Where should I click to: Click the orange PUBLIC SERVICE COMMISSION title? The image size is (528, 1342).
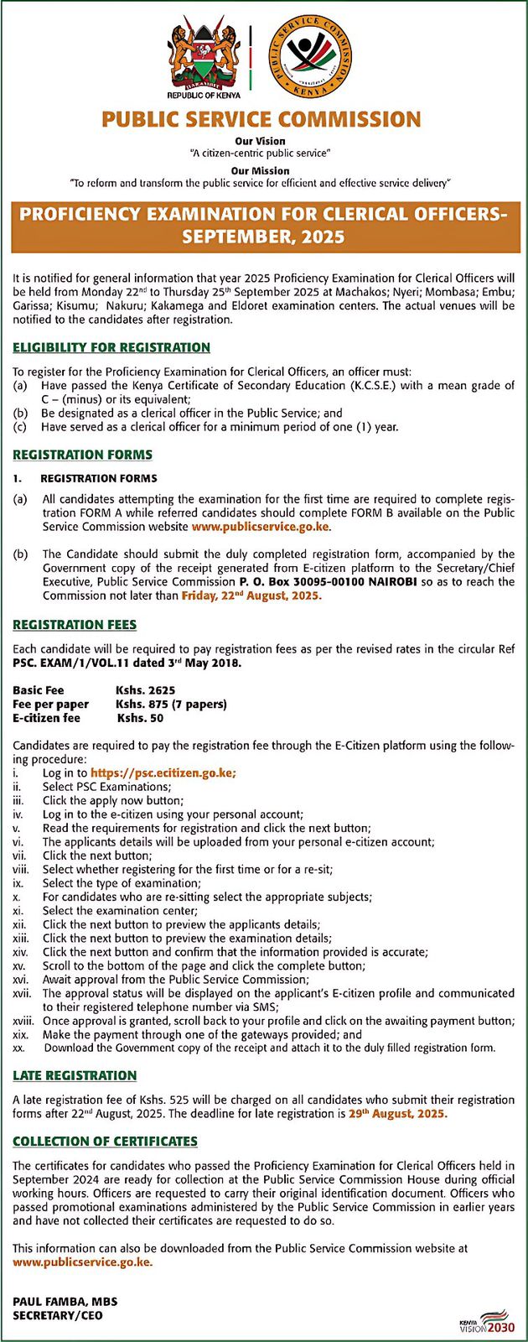(261, 119)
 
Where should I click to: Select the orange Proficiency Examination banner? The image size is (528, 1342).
(263, 225)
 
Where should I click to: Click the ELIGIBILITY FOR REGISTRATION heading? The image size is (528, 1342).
(111, 347)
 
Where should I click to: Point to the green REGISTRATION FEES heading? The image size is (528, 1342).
(75, 625)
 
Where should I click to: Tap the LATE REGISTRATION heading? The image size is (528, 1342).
(75, 1075)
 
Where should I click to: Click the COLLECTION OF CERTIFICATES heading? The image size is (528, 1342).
(105, 1142)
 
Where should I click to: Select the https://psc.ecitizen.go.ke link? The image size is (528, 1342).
(163, 773)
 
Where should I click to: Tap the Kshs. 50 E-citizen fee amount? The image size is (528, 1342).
(140, 718)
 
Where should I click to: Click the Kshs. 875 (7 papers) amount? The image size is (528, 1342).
(171, 705)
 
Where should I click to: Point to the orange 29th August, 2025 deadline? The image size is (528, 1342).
(397, 1115)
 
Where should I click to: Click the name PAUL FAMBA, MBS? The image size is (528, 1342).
(65, 1302)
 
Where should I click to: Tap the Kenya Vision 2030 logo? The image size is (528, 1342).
(486, 1321)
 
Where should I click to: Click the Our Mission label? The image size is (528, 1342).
(260, 170)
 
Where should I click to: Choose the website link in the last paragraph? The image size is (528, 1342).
(82, 1262)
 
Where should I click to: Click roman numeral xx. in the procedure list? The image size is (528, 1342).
(18, 1048)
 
